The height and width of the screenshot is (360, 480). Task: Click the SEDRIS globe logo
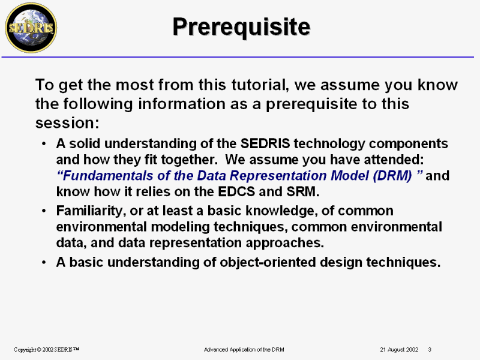pyautogui.click(x=31, y=28)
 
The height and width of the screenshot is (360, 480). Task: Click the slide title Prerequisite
pyautogui.click(x=242, y=27)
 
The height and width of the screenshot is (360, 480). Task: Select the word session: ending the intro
pyautogui.click(x=67, y=123)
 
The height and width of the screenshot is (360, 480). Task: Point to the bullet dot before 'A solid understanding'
pyautogui.click(x=44, y=143)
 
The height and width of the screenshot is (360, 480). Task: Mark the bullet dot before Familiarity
pyautogui.click(x=44, y=211)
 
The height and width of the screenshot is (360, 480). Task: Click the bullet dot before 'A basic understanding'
pyautogui.click(x=44, y=262)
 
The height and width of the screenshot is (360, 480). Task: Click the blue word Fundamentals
pyautogui.click(x=108, y=175)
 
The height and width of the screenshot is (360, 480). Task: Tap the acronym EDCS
pyautogui.click(x=236, y=191)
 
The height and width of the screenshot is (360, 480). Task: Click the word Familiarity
pyautogui.click(x=91, y=211)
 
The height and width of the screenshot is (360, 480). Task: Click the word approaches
pyautogui.click(x=284, y=243)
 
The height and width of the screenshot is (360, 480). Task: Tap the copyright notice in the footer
pyautogui.click(x=46, y=349)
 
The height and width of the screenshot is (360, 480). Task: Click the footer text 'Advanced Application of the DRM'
pyautogui.click(x=244, y=349)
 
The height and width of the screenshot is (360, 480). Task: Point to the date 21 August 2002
pyautogui.click(x=399, y=349)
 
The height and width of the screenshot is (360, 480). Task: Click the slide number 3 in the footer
pyautogui.click(x=430, y=349)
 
